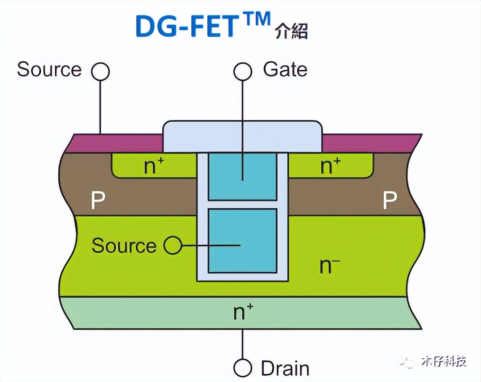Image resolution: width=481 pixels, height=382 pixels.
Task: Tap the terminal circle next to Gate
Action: [243, 71]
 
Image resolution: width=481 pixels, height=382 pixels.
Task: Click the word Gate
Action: [285, 70]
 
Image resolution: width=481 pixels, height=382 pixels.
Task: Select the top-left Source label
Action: [49, 69]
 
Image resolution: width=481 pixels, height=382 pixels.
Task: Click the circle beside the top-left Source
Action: [101, 71]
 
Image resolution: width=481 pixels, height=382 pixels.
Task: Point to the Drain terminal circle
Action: [243, 368]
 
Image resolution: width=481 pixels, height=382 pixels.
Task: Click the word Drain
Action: [285, 368]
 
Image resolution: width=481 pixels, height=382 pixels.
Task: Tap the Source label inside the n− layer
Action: [124, 246]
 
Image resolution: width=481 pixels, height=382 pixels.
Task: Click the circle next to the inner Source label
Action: [173, 246]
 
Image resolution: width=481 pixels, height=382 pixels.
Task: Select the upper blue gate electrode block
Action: [243, 176]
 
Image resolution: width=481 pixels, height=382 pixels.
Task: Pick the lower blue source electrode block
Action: [243, 241]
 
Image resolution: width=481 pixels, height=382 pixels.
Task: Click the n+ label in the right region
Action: [331, 166]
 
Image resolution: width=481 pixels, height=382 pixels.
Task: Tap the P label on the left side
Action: [98, 201]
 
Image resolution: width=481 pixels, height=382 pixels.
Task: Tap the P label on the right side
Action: [389, 201]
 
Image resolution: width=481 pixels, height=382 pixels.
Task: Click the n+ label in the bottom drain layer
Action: [243, 312]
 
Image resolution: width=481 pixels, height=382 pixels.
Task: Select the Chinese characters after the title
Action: [291, 31]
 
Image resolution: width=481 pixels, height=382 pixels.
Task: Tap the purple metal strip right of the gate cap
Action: [370, 143]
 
